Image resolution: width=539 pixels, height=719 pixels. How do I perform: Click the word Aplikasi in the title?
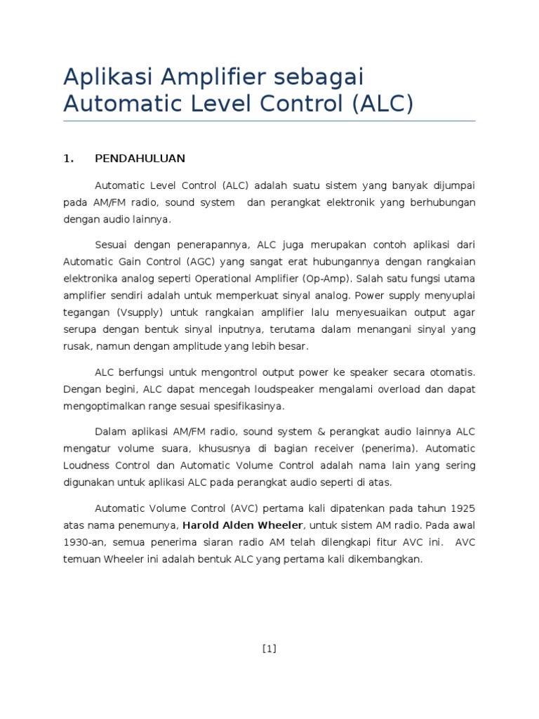[x=107, y=77]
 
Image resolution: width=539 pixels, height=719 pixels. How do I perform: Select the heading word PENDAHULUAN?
[x=140, y=159]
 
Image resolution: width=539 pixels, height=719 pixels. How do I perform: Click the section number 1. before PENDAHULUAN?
[x=68, y=159]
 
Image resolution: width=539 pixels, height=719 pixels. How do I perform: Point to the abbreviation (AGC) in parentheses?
[x=206, y=261]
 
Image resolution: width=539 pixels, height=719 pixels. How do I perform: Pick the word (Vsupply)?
[x=138, y=312]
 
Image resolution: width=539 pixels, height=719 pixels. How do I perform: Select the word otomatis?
[x=450, y=371]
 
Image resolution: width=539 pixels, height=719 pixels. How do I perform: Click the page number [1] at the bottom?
[x=269, y=649]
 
